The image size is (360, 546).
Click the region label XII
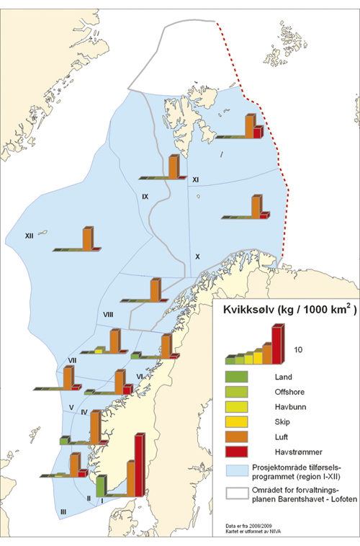pos(30,235)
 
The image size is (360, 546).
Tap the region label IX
pos(145,196)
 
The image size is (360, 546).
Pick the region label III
pos(63,511)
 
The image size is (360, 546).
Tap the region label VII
pos(73,360)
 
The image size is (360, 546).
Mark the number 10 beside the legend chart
pos(300,350)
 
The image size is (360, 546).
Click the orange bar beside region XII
pos(87,238)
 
